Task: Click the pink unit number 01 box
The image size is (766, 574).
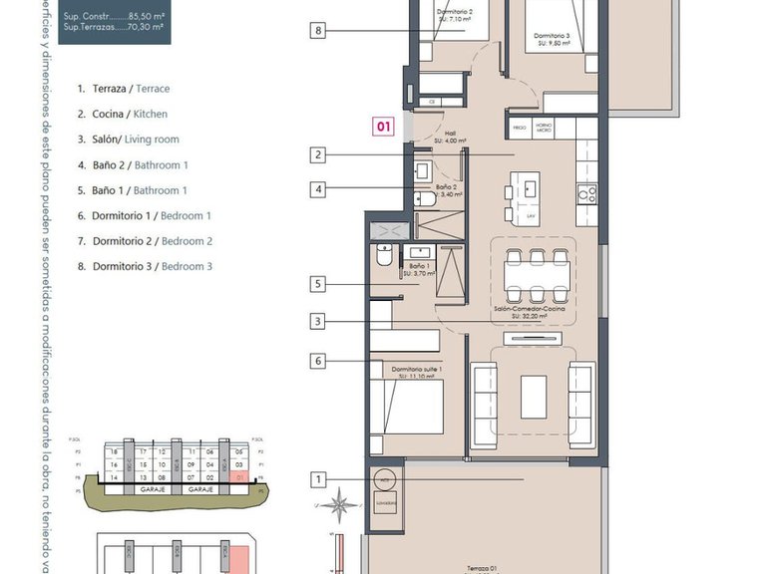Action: point(384,127)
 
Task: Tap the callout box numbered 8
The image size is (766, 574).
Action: point(318,31)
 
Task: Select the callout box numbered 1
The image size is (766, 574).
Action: point(318,479)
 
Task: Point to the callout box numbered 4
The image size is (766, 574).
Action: point(318,187)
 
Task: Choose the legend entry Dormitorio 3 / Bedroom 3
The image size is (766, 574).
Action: point(145,266)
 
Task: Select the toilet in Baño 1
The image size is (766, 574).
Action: point(384,257)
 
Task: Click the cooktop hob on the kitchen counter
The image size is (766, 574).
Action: point(588,194)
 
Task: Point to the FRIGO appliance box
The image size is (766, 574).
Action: point(520,129)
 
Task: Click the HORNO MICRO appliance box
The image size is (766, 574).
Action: point(544,129)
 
